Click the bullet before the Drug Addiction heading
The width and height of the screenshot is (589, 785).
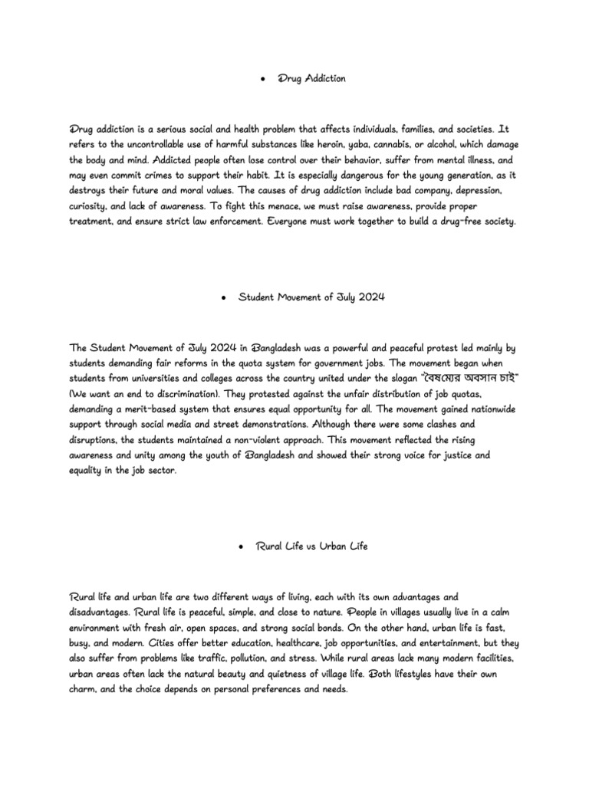[x=264, y=79]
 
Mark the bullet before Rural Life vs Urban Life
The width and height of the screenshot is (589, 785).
[x=242, y=546]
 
